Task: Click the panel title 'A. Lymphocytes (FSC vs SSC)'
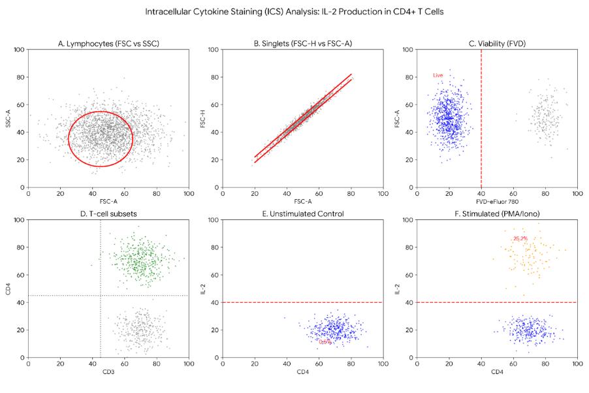point(108,44)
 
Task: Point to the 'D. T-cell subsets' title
point(108,214)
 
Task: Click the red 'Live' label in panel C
point(438,76)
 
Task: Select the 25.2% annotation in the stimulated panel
point(520,239)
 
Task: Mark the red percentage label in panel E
point(325,341)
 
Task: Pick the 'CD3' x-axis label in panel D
point(108,372)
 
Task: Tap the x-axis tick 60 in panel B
point(319,193)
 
